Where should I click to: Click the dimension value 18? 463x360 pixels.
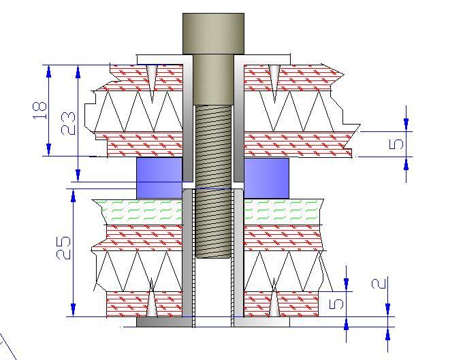(40, 109)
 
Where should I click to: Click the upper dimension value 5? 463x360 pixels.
(398, 143)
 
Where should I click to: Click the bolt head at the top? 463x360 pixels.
(213, 33)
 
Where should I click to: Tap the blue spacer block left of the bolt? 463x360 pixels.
(159, 178)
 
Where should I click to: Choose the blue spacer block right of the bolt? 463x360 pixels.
(266, 178)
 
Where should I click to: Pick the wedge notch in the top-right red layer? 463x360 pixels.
(273, 77)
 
